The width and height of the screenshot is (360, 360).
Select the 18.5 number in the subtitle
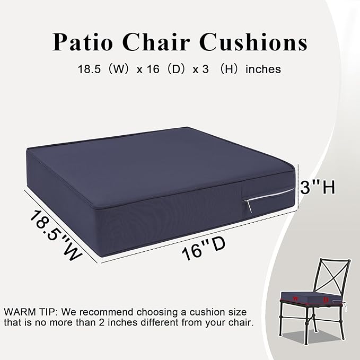click(88, 69)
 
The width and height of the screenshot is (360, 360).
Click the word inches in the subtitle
click(263, 69)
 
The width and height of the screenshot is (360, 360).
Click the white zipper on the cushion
click(268, 196)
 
